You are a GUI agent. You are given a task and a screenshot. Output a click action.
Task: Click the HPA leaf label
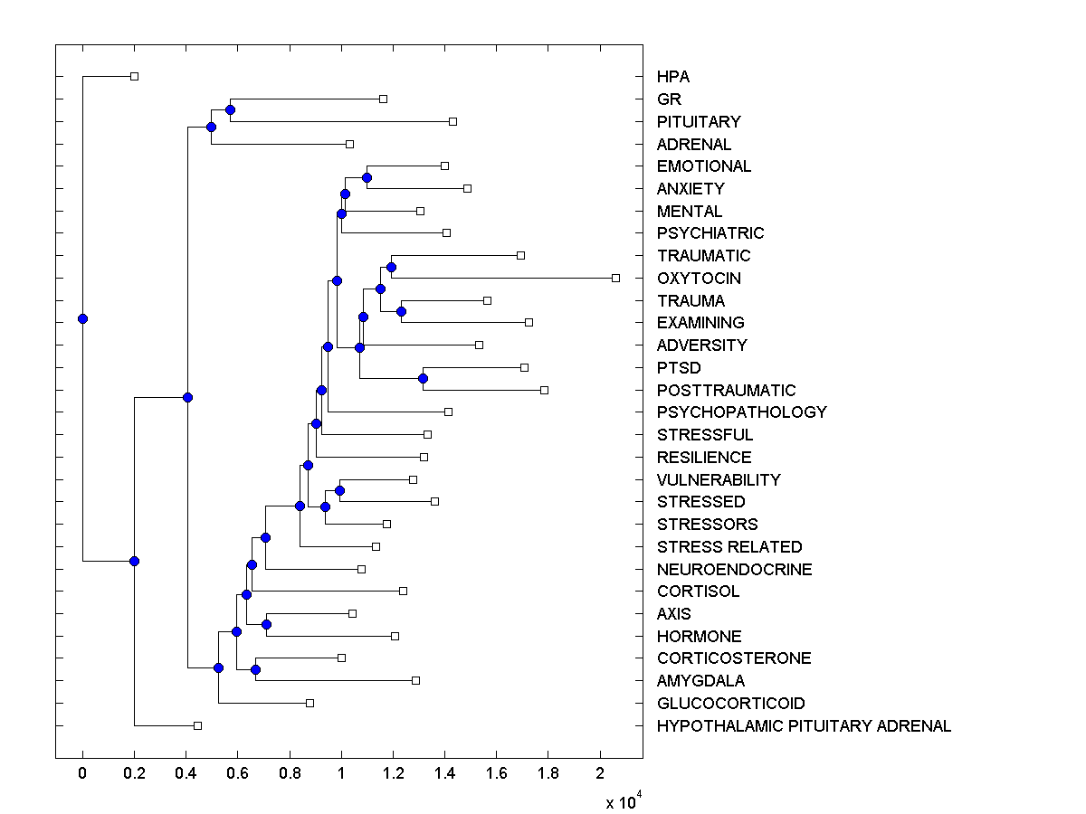pyautogui.click(x=674, y=77)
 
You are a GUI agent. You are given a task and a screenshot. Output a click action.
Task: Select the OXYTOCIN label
pyautogui.click(x=699, y=279)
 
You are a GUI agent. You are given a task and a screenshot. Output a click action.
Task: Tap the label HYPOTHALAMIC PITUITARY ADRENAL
pyautogui.click(x=804, y=726)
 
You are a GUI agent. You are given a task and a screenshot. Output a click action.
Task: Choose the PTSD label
pyautogui.click(x=679, y=368)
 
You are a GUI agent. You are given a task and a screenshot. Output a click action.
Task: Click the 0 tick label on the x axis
pyautogui.click(x=82, y=773)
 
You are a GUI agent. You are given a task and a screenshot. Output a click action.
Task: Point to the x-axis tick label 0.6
pyautogui.click(x=238, y=773)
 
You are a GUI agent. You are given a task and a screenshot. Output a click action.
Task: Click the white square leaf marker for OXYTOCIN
pyautogui.click(x=615, y=278)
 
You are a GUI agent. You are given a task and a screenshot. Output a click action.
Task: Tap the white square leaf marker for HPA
pyautogui.click(x=134, y=76)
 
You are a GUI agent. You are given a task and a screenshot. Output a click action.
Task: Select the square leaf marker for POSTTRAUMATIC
pyautogui.click(x=544, y=390)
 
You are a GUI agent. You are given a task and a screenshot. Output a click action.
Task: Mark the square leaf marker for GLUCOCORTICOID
pyautogui.click(x=310, y=703)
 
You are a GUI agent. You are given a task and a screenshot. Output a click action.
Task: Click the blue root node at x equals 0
pyautogui.click(x=82, y=318)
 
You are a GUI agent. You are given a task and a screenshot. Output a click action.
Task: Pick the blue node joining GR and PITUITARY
pyautogui.click(x=230, y=109)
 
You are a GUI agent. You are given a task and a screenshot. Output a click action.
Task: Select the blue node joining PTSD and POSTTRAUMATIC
pyautogui.click(x=423, y=378)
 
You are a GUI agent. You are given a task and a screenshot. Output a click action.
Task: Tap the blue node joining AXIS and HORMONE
pyautogui.click(x=266, y=624)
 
